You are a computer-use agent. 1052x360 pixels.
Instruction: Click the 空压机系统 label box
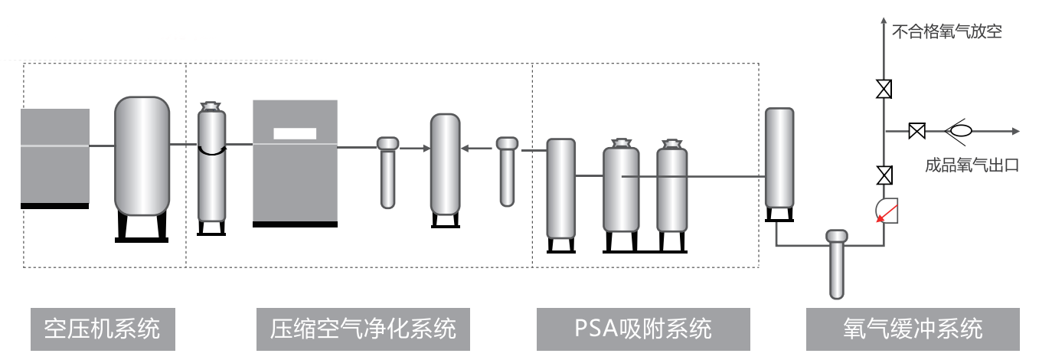coord(103,329)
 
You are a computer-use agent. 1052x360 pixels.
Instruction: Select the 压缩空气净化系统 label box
coord(363,329)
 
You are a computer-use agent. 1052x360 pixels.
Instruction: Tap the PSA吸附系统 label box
coord(643,329)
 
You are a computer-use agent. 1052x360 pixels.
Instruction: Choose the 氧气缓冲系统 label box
coord(913,329)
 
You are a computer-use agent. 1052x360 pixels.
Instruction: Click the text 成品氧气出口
coord(972,165)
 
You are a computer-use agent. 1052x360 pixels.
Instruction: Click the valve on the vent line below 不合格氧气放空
coord(884,90)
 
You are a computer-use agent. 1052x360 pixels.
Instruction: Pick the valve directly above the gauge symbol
coord(884,175)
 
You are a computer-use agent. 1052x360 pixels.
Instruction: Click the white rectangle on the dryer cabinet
coord(295,133)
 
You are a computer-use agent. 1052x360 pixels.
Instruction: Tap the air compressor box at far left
coord(54,158)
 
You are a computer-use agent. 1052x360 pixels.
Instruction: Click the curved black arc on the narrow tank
coord(211,152)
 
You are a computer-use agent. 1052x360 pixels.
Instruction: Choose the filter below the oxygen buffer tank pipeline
coord(837,264)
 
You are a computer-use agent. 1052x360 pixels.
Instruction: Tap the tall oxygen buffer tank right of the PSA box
coord(779,161)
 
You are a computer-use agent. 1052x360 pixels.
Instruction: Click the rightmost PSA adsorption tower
coord(671,190)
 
